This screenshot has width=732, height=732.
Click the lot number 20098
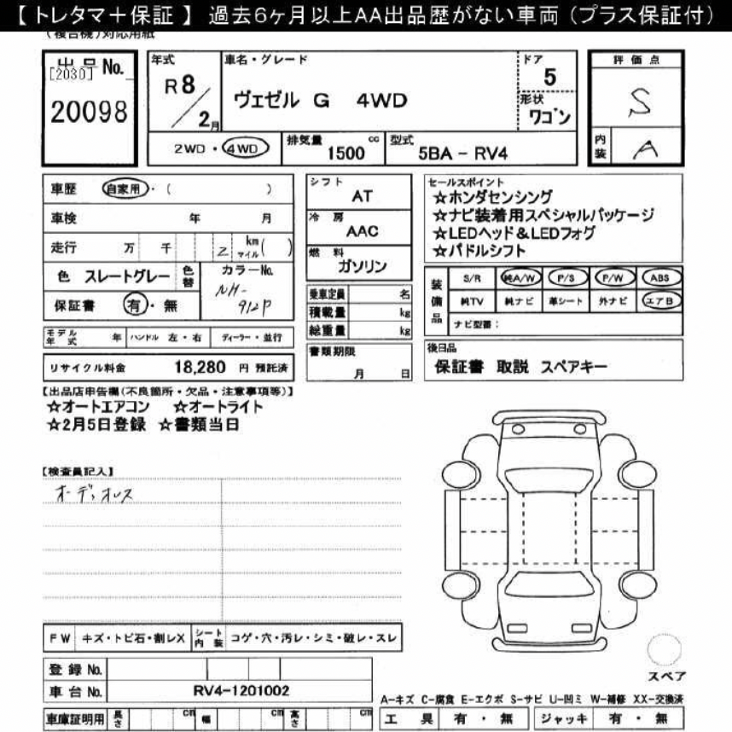89,113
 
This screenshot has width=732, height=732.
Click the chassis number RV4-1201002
241,690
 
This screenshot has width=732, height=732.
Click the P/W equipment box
613,279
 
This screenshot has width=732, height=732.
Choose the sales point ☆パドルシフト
480,251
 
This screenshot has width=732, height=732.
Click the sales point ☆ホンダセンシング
493,197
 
